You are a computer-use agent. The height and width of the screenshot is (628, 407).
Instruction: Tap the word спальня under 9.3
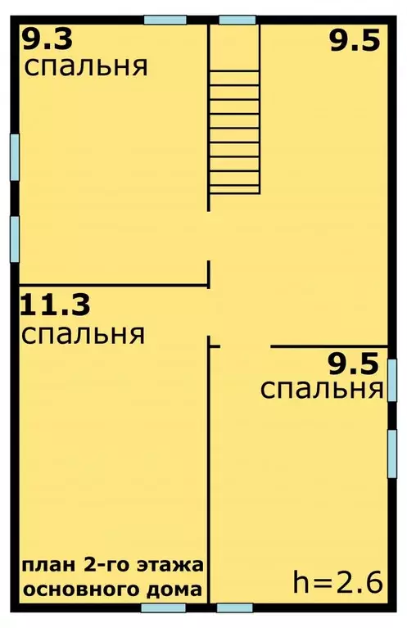(x=86, y=66)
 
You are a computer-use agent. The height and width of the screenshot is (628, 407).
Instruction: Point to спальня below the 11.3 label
(x=84, y=334)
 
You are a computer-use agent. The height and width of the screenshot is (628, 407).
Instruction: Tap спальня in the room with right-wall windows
(x=322, y=388)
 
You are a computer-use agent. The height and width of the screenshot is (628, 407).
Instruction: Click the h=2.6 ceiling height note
(x=338, y=583)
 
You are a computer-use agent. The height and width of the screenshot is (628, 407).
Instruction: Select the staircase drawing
(x=234, y=131)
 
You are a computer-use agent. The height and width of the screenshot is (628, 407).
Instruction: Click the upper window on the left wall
(x=14, y=156)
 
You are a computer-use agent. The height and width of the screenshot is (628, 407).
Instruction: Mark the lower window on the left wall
(x=14, y=238)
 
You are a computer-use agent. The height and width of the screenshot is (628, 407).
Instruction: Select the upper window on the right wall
(x=392, y=380)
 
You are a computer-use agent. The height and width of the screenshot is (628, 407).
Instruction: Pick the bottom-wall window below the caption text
(x=163, y=608)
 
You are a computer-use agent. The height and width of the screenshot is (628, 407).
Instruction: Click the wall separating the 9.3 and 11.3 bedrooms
(x=113, y=285)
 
